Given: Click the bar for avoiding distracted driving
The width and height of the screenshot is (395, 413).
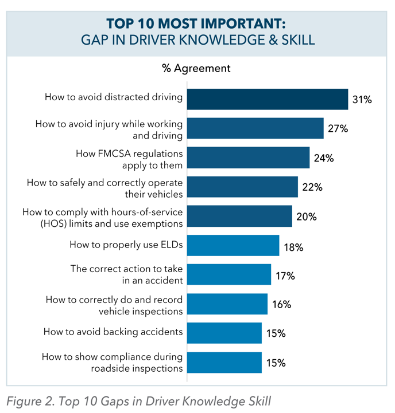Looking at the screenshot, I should coord(268,99).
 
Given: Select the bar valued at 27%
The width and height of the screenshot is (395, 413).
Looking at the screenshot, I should coord(255,128).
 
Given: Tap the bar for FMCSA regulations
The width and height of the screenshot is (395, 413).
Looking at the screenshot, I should coord(248,158).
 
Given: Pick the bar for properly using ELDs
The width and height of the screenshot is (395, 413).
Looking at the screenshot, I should coord(233,245).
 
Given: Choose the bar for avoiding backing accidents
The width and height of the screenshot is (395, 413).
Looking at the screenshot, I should coord(224,333).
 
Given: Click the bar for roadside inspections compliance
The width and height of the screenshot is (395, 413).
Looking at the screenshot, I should coord(224,363).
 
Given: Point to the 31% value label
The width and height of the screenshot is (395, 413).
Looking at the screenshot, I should coord(362,100).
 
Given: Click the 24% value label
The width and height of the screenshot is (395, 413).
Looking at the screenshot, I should coord(324,158).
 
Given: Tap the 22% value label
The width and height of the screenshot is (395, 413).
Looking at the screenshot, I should coord(312,187).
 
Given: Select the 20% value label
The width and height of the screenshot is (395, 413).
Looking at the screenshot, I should coord(307,217).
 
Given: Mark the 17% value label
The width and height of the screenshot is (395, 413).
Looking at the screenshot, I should coord(285,276).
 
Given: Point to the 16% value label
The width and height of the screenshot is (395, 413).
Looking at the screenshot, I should coord(281,305).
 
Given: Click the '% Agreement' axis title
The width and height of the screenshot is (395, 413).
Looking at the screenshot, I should coord(196,69).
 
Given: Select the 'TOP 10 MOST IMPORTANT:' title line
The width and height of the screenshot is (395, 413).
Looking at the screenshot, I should coord(196,24).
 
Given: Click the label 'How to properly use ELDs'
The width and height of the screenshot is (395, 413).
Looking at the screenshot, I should coord(126,245).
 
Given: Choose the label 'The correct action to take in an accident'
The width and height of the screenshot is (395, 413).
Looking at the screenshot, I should coord(126,274).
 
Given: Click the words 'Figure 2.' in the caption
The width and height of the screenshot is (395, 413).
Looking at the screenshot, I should coord(29,400).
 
